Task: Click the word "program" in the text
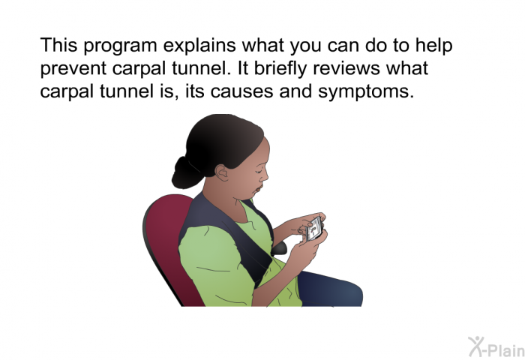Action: pos(120,46)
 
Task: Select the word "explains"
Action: pos(199,46)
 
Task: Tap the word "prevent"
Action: pos(73,69)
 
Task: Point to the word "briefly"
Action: pos(280,68)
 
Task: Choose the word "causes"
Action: pos(241,91)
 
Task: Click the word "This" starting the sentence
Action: pos(59,45)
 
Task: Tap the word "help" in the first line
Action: pos(434,46)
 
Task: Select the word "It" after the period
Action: pos(243,68)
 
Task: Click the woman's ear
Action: pos(222,172)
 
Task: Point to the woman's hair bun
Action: pos(186,173)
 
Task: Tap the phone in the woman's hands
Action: pos(314,229)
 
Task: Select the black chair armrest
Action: pos(279,248)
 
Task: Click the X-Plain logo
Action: pos(496,347)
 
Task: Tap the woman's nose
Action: pos(265,175)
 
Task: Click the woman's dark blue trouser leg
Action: pos(330,289)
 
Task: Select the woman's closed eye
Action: pos(259,170)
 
